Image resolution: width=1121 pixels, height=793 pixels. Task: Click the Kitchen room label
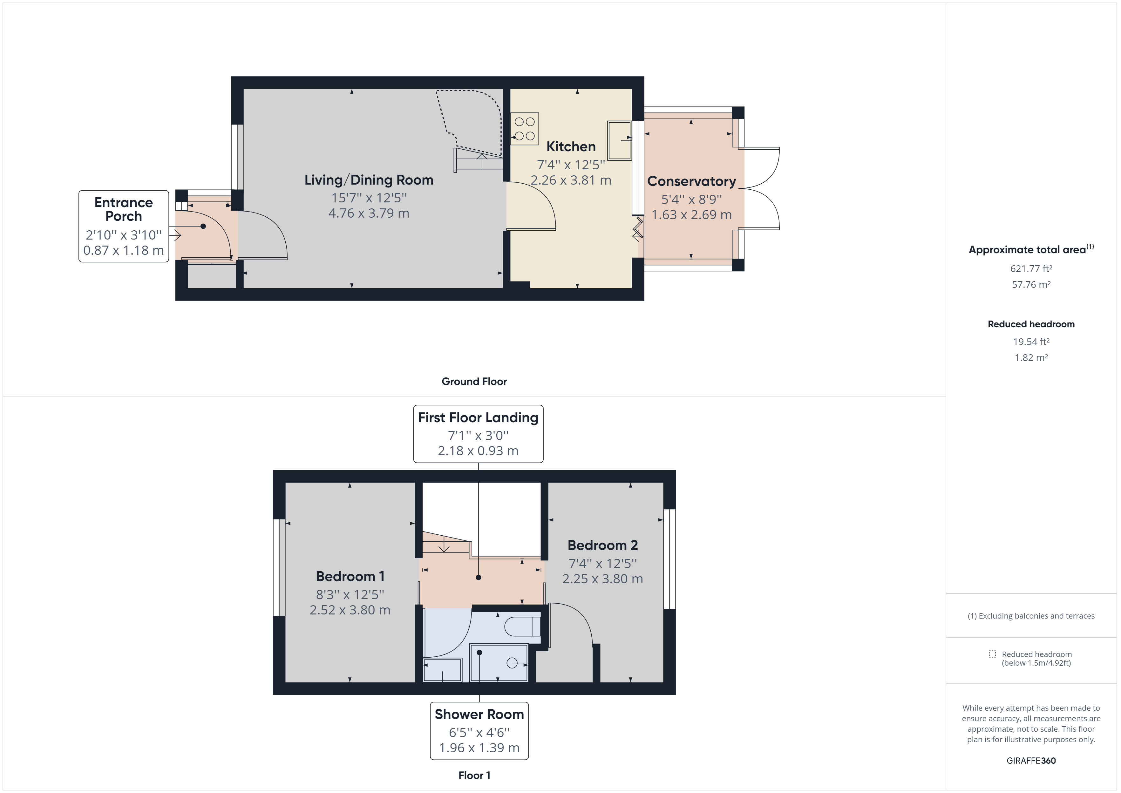[571, 146]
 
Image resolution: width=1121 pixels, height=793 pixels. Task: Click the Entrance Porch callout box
[124, 226]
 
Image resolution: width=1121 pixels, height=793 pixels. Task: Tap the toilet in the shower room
[522, 627]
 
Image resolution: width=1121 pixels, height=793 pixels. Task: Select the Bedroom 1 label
[350, 576]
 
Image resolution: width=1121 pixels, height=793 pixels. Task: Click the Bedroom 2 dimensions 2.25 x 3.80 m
[602, 579]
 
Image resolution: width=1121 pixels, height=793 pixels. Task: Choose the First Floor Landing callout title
[478, 418]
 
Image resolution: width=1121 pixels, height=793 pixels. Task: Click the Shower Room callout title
[479, 715]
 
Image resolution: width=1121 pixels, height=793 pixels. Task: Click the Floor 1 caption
[474, 776]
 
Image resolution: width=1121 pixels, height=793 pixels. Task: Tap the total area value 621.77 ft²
[1031, 268]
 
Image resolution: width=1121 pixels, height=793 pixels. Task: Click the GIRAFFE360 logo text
[1031, 761]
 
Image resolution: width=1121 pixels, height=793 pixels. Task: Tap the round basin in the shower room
[512, 663]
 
